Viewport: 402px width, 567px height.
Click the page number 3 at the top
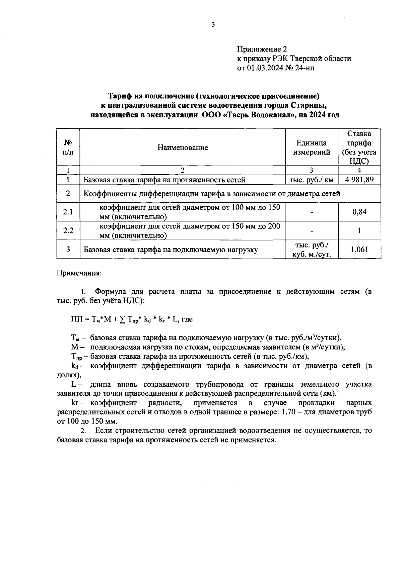(x=213, y=24)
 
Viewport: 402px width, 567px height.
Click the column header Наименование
(x=183, y=148)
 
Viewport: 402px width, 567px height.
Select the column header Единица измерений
(x=312, y=148)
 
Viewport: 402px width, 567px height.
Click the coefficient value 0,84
(x=359, y=212)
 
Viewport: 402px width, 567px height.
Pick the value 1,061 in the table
(x=359, y=249)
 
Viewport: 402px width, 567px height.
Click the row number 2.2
(x=68, y=230)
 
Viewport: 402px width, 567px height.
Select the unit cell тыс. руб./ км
(x=312, y=180)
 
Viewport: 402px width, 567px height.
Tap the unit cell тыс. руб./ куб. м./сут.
(x=312, y=250)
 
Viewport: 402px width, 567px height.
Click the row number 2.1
(x=68, y=212)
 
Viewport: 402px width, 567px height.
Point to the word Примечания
(x=79, y=273)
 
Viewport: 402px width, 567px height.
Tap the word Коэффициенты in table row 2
(x=109, y=194)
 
